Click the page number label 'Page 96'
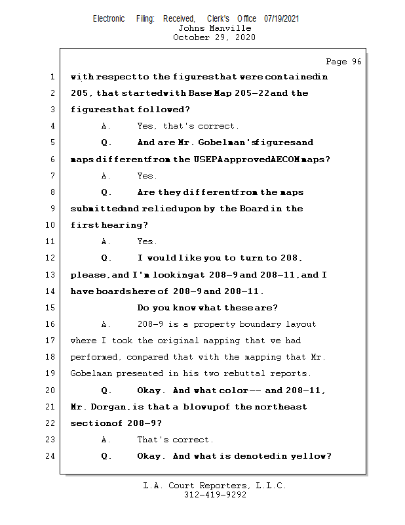tap(343, 62)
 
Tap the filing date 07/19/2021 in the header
tap(282, 19)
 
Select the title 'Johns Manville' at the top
tap(214, 28)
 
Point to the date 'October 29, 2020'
tap(214, 37)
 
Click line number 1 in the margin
tap(52, 77)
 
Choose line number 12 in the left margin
tap(50, 258)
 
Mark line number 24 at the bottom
tap(50, 456)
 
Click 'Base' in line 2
tap(203, 93)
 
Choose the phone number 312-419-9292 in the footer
tap(215, 495)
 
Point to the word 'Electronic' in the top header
tap(109, 19)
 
